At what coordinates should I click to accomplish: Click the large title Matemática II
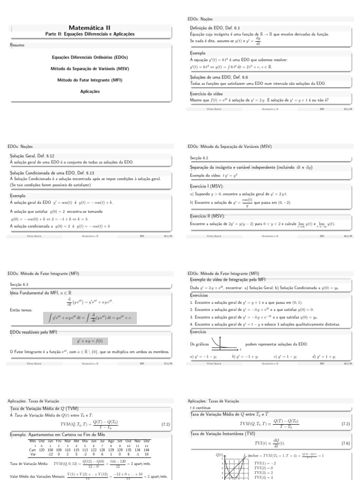tap(89, 28)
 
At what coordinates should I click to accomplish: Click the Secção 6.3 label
tap(19, 284)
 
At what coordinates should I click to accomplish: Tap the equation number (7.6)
tap(346, 443)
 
